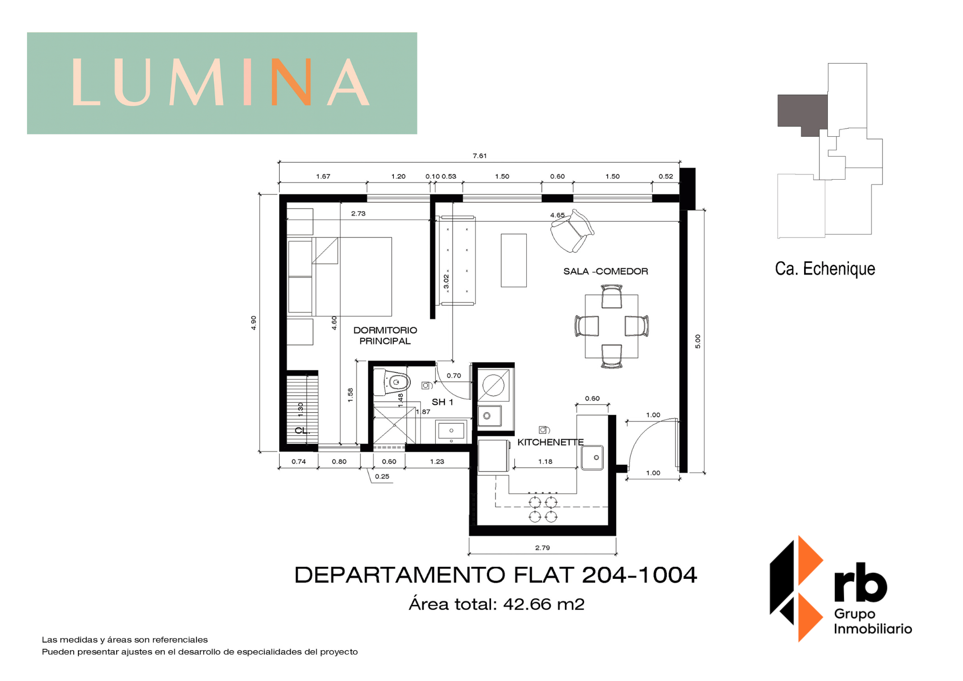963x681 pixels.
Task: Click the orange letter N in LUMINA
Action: [x=291, y=82]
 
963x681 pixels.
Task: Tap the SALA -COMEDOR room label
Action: [x=606, y=271]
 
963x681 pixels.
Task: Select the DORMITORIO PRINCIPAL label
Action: [x=385, y=336]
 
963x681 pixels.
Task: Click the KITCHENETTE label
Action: [x=550, y=442]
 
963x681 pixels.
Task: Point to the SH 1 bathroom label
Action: [x=442, y=402]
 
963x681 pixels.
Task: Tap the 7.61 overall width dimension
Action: [x=480, y=156]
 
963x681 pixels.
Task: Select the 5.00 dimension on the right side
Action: [x=698, y=341]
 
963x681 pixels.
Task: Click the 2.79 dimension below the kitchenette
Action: [x=543, y=548]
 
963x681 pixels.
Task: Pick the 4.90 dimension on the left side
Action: [x=253, y=323]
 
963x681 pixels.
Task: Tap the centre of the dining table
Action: [x=612, y=326]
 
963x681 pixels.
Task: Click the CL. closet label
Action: [x=302, y=431]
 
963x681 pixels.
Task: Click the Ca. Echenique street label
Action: [x=825, y=269]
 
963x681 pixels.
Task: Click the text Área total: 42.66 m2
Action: [x=496, y=604]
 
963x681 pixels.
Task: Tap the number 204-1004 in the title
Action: [x=639, y=575]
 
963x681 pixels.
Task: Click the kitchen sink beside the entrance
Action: [x=592, y=458]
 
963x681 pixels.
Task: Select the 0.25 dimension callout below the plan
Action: [x=382, y=476]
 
